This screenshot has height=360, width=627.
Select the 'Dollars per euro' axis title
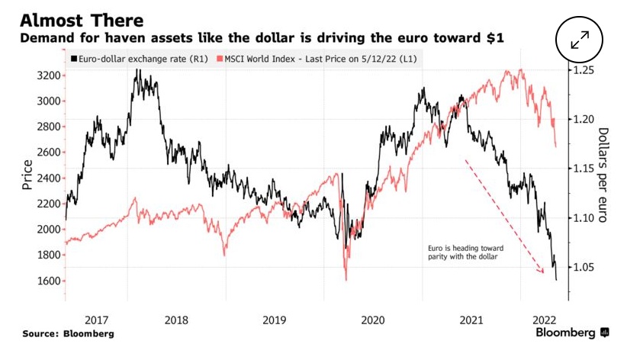(602, 175)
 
